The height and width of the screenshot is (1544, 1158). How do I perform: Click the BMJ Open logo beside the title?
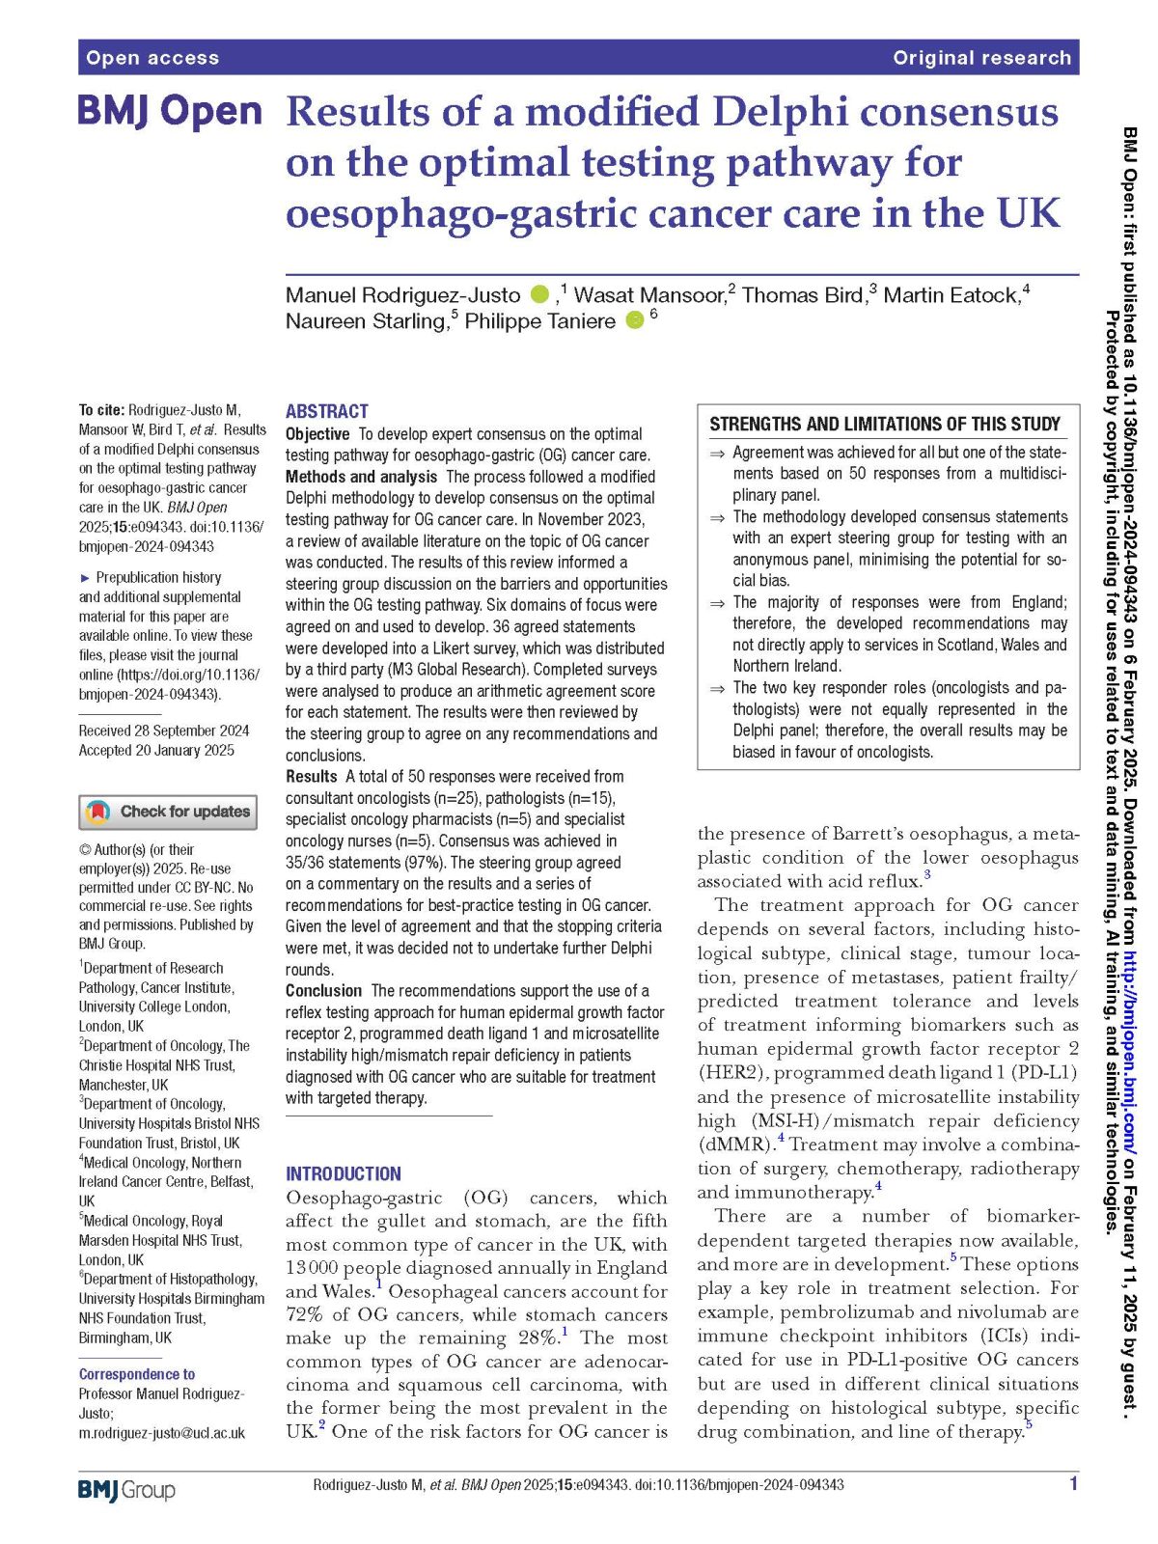[x=170, y=112]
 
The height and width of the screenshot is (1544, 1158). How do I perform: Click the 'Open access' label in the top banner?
[x=152, y=58]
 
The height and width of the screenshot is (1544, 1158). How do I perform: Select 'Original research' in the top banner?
[x=981, y=58]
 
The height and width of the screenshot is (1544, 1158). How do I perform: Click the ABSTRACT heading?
[x=326, y=411]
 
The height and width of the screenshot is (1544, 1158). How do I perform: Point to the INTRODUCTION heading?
[x=343, y=1173]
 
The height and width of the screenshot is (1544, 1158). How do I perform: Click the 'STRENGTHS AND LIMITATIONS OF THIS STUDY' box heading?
[x=884, y=425]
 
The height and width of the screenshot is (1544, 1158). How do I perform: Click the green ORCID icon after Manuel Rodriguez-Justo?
[x=539, y=294]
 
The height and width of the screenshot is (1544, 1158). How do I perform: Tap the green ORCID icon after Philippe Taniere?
[x=634, y=320]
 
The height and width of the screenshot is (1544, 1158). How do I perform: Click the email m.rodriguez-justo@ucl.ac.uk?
[x=162, y=1433]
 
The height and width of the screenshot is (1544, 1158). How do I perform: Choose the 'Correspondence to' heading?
[x=137, y=1374]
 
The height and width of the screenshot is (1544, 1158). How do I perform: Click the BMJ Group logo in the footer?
[x=126, y=1490]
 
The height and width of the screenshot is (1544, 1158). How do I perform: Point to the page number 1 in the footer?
[x=1073, y=1484]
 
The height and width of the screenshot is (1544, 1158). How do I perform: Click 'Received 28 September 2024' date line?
[x=164, y=731]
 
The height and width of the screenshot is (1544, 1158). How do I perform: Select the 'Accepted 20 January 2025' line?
[x=156, y=750]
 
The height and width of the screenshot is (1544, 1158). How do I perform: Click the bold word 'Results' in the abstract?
[x=311, y=777]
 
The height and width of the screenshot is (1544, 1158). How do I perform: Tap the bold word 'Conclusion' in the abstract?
[x=323, y=991]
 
